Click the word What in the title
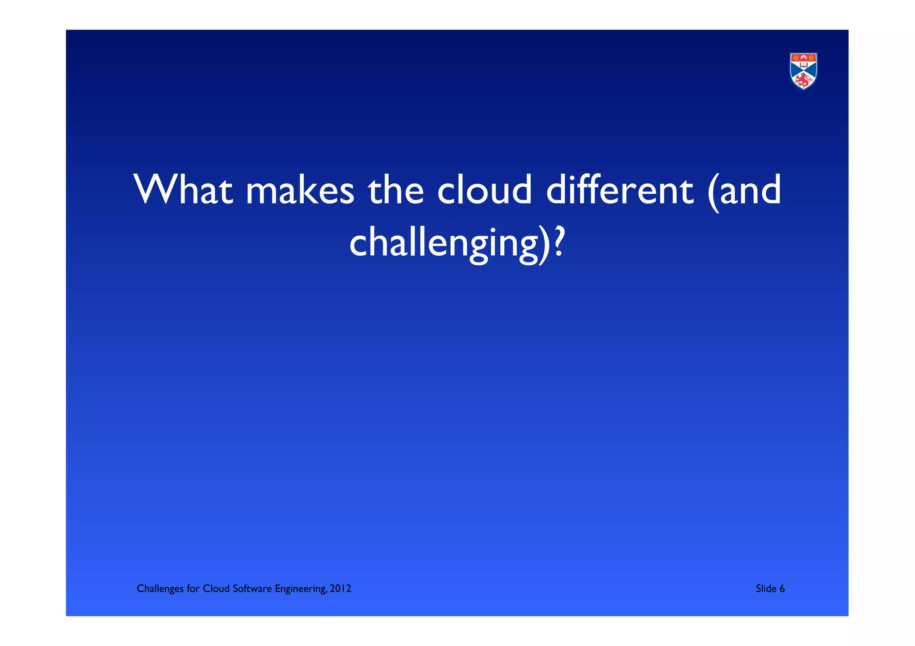click(183, 190)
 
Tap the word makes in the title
click(300, 190)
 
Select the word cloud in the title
click(484, 190)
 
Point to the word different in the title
click(620, 190)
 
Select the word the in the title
click(395, 190)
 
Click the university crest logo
click(803, 71)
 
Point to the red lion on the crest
click(803, 80)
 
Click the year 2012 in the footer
click(340, 588)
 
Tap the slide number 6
click(782, 588)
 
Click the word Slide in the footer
click(766, 588)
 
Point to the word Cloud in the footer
click(216, 588)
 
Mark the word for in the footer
click(193, 588)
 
